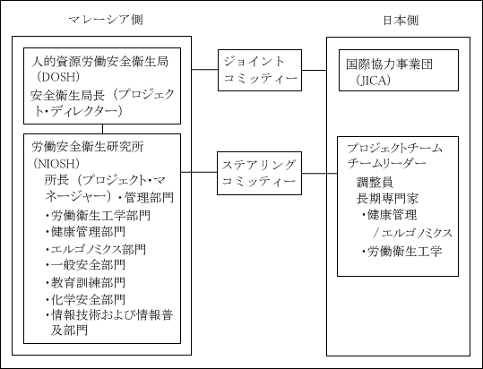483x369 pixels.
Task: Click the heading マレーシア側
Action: tap(106, 20)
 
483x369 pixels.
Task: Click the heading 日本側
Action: tap(401, 21)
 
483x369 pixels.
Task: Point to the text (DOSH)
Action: tap(56, 77)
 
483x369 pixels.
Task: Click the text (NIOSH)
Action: tap(56, 163)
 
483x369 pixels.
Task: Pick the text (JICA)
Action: tap(373, 81)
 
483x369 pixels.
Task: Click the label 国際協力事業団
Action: tap(389, 64)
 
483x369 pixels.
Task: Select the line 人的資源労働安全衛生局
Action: tap(99, 61)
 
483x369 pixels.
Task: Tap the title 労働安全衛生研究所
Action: tap(88, 147)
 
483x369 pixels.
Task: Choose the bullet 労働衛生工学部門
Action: tap(98, 216)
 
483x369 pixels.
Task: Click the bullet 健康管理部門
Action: tap(86, 232)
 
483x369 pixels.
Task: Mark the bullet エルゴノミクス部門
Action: tap(96, 249)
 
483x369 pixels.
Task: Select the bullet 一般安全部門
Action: tap(86, 265)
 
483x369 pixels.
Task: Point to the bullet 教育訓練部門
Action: tap(86, 282)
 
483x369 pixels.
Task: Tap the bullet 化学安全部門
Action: tap(86, 299)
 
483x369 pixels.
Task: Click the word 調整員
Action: tap(375, 182)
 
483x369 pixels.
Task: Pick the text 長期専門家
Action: tap(387, 199)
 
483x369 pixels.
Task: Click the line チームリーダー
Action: tap(386, 163)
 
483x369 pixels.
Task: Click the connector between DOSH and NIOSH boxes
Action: tap(102, 129)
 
